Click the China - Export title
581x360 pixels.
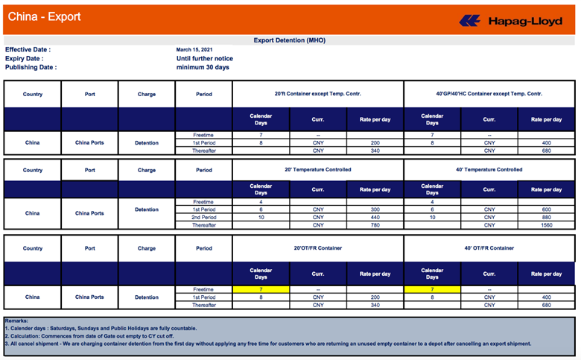click(x=44, y=16)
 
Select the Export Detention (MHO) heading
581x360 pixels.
click(x=290, y=40)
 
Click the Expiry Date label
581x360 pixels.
click(x=24, y=58)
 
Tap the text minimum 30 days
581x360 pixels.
click(x=203, y=67)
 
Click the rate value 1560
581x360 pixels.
click(x=546, y=225)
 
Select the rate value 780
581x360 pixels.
click(x=375, y=225)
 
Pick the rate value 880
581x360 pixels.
click(x=546, y=217)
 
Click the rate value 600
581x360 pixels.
click(x=546, y=209)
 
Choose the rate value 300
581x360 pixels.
click(x=375, y=209)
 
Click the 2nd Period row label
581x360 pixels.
click(x=203, y=217)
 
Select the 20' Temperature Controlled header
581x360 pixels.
click(x=317, y=170)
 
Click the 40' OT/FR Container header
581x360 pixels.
click(x=489, y=248)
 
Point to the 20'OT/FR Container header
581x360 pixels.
click(x=317, y=248)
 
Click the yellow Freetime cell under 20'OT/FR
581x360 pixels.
click(x=261, y=288)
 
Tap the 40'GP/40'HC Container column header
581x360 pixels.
click(x=489, y=94)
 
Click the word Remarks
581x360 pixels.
click(x=16, y=320)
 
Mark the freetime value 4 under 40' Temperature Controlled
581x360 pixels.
click(x=432, y=201)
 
